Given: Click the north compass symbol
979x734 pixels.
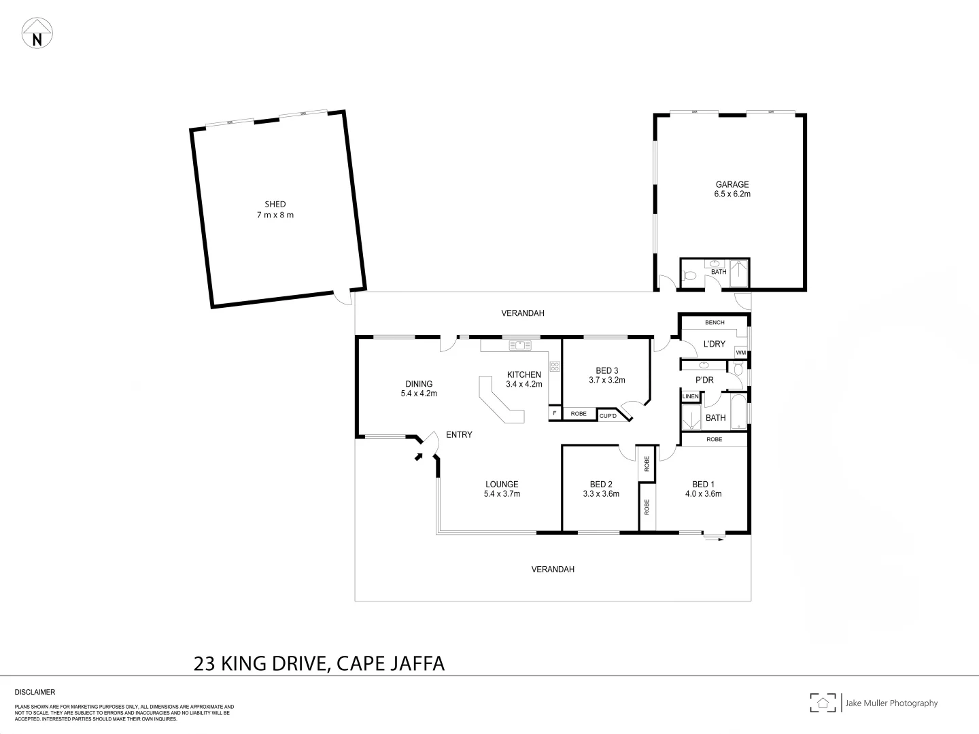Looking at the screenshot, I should click(37, 33).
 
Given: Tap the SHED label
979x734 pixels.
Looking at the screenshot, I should click(275, 204).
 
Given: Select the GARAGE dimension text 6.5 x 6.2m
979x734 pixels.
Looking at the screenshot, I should click(732, 194).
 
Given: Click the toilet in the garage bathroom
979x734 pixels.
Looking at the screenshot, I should click(689, 275).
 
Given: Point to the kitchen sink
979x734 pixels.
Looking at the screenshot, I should click(520, 345).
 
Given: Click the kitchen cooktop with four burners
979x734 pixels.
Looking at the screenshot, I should click(555, 368).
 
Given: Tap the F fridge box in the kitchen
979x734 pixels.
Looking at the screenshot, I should click(555, 413).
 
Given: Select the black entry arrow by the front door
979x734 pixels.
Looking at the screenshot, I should click(418, 457).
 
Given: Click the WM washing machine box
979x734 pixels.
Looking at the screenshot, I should click(740, 353).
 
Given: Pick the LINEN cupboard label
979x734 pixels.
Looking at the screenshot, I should click(689, 396).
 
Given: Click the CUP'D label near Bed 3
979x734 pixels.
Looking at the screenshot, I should click(608, 415).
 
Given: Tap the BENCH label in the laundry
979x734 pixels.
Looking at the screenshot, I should click(715, 322).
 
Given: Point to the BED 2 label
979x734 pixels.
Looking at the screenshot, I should click(601, 485).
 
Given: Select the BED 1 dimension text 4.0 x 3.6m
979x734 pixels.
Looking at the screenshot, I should click(703, 494).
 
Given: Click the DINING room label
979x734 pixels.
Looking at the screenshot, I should click(419, 384).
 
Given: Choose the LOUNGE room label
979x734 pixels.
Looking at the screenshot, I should click(502, 485).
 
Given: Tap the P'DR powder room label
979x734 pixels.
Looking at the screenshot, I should click(704, 381).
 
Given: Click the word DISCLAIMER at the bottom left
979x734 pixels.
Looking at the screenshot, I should click(35, 692).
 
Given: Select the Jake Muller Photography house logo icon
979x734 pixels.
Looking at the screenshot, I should click(823, 703).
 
